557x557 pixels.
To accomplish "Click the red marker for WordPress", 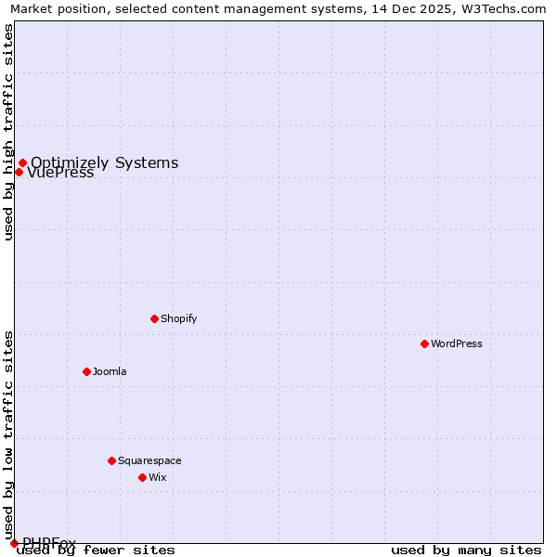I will (424, 343).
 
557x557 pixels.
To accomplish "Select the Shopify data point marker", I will (154, 318).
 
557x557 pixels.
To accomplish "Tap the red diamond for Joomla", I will (86, 371).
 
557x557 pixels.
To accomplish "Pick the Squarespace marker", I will (111, 460).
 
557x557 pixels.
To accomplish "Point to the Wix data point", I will (142, 477).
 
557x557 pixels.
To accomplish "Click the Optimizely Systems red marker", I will (22, 163).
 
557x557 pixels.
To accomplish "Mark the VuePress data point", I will (19, 172).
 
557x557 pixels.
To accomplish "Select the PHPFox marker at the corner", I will (14, 543).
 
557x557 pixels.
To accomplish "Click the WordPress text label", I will (457, 343).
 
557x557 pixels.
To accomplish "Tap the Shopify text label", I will (179, 318).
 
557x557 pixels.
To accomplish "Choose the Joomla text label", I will (110, 371).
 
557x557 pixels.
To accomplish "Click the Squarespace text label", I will (149, 460).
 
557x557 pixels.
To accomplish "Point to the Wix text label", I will (158, 477).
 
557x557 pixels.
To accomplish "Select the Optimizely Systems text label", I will (105, 162).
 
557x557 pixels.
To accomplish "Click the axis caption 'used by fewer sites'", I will (97, 550).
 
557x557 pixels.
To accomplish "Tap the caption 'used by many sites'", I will (466, 550).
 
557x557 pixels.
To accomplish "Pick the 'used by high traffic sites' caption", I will (9, 132).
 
